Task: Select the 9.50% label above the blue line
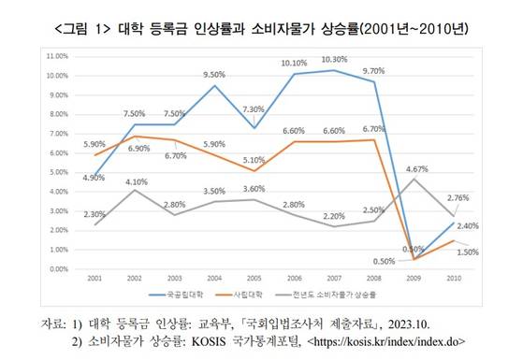pyautogui.click(x=214, y=74)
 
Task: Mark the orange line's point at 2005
pyautogui.click(x=254, y=171)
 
